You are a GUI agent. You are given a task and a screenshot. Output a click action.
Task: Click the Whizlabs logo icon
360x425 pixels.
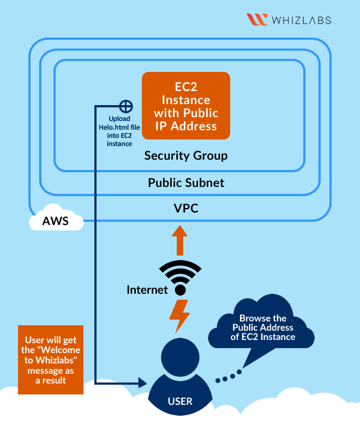[x=257, y=20]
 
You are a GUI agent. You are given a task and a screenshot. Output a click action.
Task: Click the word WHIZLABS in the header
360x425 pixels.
[x=302, y=20]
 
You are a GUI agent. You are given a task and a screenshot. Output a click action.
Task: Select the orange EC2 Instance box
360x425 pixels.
[x=186, y=106]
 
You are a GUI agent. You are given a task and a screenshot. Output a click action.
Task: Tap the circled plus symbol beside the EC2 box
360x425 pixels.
[x=126, y=106]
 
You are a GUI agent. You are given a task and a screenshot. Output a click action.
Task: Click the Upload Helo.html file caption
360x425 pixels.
[x=120, y=131]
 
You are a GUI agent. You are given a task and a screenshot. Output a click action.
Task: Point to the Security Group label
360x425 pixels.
[x=185, y=156]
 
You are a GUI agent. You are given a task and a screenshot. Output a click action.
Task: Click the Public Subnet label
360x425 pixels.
[x=186, y=183]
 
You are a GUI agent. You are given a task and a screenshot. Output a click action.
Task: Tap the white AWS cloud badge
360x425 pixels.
[x=56, y=221]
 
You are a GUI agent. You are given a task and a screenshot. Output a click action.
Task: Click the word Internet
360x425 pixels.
[x=147, y=290]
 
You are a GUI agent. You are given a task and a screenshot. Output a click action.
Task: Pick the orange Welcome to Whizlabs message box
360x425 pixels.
[x=51, y=360]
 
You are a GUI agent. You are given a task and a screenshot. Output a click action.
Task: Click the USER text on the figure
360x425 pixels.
[x=180, y=402]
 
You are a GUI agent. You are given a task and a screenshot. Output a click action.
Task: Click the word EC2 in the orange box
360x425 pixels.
[x=185, y=87]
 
